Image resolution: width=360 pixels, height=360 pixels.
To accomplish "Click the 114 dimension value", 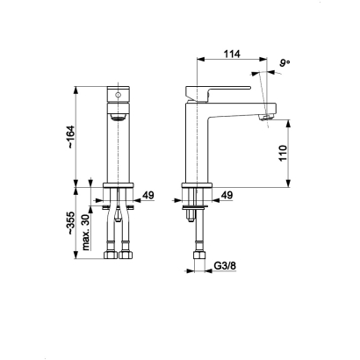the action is pos(232,54).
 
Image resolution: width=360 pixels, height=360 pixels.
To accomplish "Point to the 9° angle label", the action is pos(284,63).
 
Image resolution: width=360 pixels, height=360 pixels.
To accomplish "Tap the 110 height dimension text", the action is pos(283,153).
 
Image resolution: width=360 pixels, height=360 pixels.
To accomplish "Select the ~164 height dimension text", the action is pos(71,137).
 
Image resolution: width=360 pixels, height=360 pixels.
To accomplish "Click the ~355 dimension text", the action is pos(71,223).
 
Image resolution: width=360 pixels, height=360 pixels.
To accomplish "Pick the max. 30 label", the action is pos(85,233).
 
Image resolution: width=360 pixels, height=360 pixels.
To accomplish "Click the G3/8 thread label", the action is pos(225,266).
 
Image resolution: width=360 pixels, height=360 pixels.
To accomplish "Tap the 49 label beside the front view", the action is pos(148,195).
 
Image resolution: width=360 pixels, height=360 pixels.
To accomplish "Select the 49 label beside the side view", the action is pos(227,195).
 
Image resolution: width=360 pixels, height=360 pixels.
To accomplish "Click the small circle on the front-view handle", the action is pos(119,95).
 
